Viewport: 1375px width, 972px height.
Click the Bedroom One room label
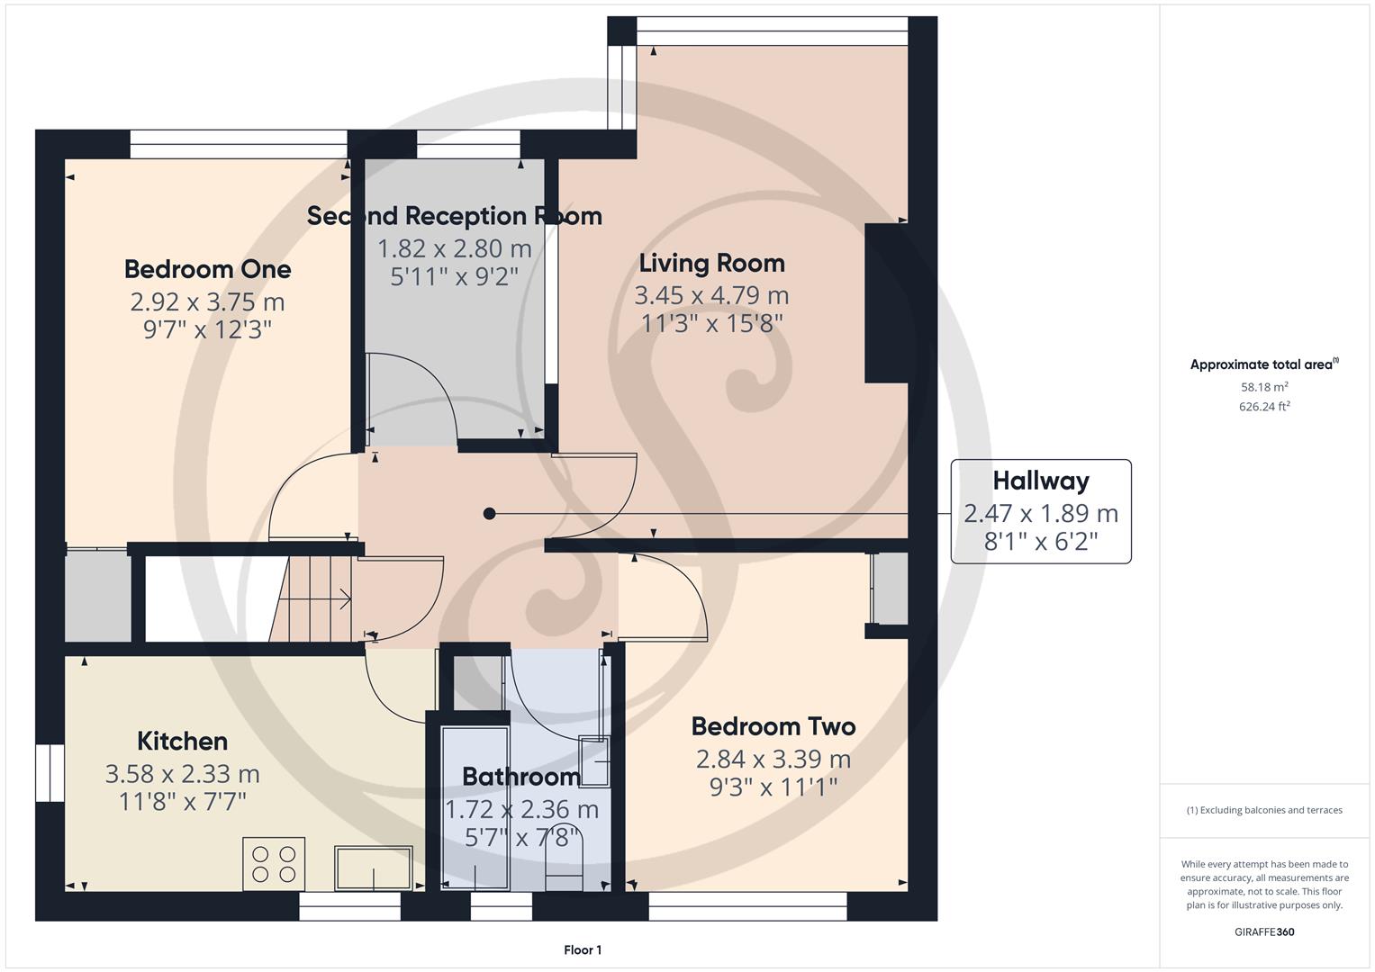(x=207, y=269)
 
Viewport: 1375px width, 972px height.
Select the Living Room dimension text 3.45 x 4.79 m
(x=711, y=295)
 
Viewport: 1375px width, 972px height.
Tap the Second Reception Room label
(x=454, y=216)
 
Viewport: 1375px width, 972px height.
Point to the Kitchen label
(x=182, y=742)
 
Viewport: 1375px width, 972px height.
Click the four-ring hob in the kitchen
(x=274, y=864)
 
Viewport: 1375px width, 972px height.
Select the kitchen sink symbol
(x=373, y=868)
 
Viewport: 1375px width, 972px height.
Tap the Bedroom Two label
(x=773, y=726)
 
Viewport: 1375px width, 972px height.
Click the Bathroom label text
(x=520, y=776)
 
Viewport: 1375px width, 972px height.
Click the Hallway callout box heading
(x=1040, y=481)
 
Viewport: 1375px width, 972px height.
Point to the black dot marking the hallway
(x=489, y=514)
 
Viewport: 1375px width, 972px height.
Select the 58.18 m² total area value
(x=1263, y=387)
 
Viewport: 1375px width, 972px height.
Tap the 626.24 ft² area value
(x=1263, y=407)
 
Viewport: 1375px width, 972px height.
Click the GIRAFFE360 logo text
(x=1263, y=931)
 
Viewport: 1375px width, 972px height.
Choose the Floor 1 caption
(x=583, y=950)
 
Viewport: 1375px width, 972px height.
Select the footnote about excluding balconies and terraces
(x=1263, y=810)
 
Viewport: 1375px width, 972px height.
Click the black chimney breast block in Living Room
(x=886, y=303)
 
